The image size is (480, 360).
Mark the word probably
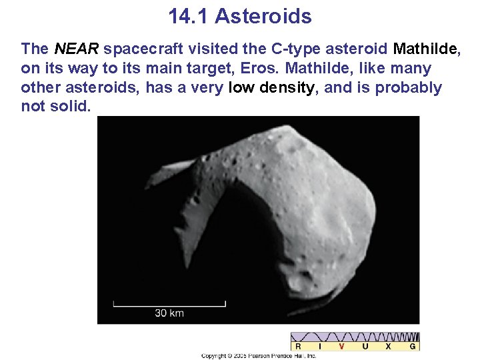tap(404, 88)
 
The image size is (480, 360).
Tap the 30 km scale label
tap(169, 313)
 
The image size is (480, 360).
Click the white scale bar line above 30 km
tap(169, 305)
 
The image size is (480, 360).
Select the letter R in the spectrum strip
tap(298, 346)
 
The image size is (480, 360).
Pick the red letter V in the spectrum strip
tap(342, 346)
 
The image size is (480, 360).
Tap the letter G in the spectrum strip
tap(413, 346)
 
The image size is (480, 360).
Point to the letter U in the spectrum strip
tap(365, 346)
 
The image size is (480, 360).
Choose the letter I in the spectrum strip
tap(320, 346)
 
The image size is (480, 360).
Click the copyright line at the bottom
tap(259, 356)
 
